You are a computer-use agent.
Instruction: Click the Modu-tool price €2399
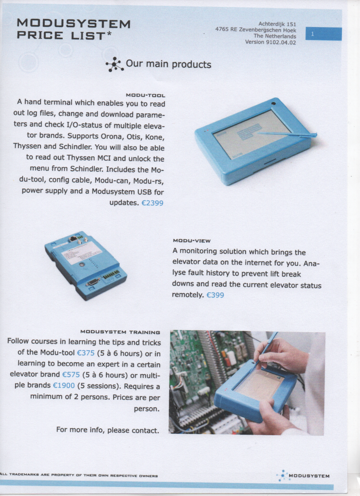pyautogui.click(x=152, y=203)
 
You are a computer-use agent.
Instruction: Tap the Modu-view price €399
pyautogui.click(x=215, y=295)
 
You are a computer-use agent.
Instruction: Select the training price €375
pyautogui.click(x=86, y=353)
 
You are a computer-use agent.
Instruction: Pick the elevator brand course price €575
pyautogui.click(x=71, y=374)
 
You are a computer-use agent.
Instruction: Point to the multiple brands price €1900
pyautogui.click(x=64, y=386)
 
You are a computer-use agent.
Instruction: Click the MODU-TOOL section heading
pyautogui.click(x=145, y=95)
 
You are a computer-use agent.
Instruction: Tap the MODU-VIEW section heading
pyautogui.click(x=191, y=241)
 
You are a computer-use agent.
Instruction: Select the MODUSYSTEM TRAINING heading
pyautogui.click(x=120, y=332)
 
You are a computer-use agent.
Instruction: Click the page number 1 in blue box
pyautogui.click(x=312, y=34)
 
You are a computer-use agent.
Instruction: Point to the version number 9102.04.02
pyautogui.click(x=281, y=42)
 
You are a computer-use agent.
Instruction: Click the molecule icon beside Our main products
pyautogui.click(x=114, y=64)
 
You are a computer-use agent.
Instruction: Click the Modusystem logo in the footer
pyautogui.click(x=303, y=476)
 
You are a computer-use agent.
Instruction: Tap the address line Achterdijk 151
pyautogui.click(x=277, y=24)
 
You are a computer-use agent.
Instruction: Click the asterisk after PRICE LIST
pyautogui.click(x=109, y=33)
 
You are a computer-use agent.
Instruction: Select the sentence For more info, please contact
pyautogui.click(x=108, y=430)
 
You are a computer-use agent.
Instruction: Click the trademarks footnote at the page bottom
pyautogui.click(x=79, y=475)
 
